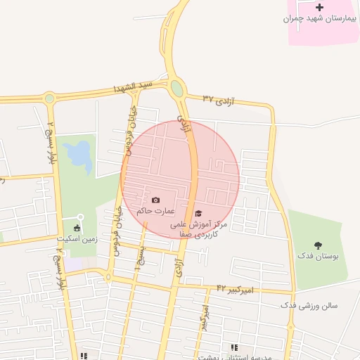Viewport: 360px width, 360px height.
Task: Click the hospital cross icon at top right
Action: (320, 7)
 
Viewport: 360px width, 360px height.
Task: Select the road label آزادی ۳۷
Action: (217, 98)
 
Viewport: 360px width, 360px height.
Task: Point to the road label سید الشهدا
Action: (134, 87)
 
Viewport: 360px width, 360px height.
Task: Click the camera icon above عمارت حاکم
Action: (155, 200)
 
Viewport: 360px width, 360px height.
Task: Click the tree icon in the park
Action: (319, 245)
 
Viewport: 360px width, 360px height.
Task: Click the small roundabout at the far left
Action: (49, 98)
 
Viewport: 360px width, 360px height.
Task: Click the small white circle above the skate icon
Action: (80, 217)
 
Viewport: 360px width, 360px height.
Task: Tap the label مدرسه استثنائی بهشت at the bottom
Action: (232, 356)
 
